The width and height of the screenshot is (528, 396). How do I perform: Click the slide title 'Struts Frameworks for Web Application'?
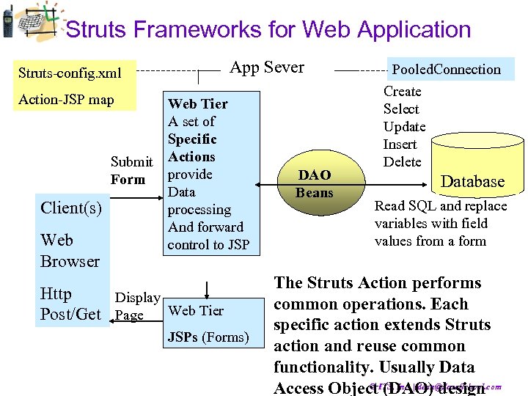[x=268, y=30]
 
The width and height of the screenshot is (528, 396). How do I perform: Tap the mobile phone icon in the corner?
[x=7, y=21]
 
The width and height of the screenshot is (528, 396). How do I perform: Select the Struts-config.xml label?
[x=70, y=73]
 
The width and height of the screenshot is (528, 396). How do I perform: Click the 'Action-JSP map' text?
[x=66, y=99]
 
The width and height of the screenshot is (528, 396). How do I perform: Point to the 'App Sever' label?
[x=267, y=67]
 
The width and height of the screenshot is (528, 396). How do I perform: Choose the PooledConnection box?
[x=446, y=70]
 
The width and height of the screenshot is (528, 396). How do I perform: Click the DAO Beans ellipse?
[x=314, y=184]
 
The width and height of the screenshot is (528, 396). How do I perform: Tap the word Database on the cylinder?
[x=472, y=182]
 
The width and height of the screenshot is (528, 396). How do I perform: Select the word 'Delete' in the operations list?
[x=403, y=162]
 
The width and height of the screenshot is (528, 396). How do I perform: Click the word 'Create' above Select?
[x=402, y=92]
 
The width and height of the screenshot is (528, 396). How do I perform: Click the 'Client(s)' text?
[x=71, y=208]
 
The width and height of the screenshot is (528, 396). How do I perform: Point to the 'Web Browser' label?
[x=70, y=251]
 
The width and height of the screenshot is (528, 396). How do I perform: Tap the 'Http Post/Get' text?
[x=70, y=304]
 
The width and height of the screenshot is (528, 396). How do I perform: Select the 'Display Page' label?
[x=136, y=306]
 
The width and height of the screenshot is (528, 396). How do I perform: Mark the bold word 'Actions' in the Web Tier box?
[x=191, y=157]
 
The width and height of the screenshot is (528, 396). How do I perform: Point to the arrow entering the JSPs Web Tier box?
[x=208, y=290]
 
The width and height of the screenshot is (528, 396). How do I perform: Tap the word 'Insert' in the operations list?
[x=400, y=144]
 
